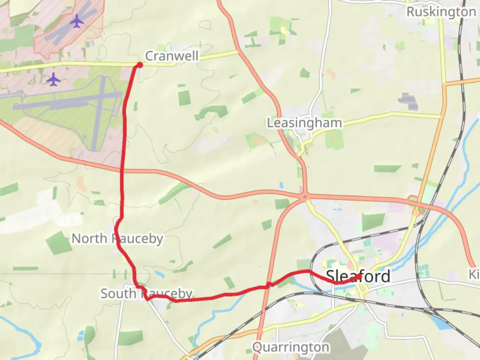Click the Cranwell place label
click(172, 56)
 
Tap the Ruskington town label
click(441, 12)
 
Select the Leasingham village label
click(304, 123)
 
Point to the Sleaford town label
click(358, 276)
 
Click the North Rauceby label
click(117, 239)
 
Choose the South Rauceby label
click(147, 294)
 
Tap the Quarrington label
click(291, 347)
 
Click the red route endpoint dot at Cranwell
click(140, 65)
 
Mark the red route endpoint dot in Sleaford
click(359, 276)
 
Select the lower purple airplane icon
click(53, 80)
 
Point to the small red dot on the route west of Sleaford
click(268, 285)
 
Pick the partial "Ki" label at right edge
click(474, 274)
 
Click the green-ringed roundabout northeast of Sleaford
click(417, 211)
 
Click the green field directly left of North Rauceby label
click(59, 243)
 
